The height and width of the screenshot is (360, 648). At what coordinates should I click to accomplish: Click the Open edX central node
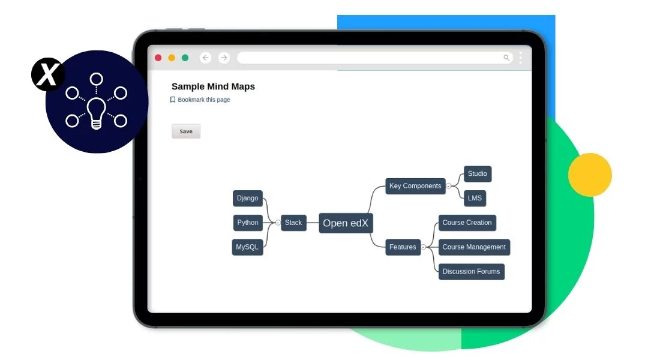(x=346, y=223)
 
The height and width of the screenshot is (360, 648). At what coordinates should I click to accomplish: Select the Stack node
(x=293, y=223)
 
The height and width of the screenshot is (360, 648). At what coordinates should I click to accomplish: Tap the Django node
(x=247, y=199)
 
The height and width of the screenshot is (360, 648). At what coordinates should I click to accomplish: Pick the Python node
(x=248, y=223)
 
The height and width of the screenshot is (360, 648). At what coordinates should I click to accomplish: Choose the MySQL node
(x=247, y=247)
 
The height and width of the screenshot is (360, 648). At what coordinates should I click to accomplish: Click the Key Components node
(x=415, y=186)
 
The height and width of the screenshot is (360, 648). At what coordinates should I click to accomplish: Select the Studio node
(x=478, y=174)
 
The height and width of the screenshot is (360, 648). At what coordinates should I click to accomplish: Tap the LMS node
(x=475, y=198)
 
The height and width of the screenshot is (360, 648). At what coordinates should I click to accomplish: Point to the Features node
(x=403, y=247)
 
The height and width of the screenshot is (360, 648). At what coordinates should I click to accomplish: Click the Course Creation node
(x=467, y=223)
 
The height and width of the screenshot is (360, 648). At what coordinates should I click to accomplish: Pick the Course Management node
(x=474, y=247)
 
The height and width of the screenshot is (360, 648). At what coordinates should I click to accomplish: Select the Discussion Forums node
(x=471, y=272)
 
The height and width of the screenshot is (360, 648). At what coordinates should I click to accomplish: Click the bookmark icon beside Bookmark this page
(x=173, y=100)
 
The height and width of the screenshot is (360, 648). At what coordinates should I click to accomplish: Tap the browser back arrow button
(x=206, y=58)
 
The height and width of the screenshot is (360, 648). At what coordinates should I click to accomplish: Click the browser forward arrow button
(x=224, y=58)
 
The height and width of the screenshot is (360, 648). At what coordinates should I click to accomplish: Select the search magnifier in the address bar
(x=506, y=58)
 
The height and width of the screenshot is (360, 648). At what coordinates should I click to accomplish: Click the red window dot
(x=158, y=58)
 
